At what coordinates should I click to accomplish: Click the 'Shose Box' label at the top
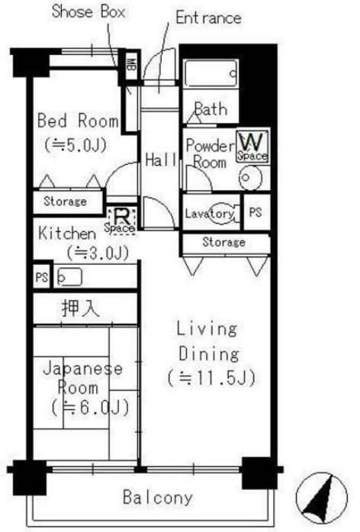pyautogui.click(x=88, y=12)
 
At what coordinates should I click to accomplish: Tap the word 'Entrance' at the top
pyautogui.click(x=207, y=17)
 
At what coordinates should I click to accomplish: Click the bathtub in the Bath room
pyautogui.click(x=210, y=74)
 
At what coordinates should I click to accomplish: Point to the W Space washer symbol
pyautogui.click(x=252, y=146)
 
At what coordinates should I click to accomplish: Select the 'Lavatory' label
pyautogui.click(x=209, y=214)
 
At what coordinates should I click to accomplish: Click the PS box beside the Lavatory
pyautogui.click(x=255, y=213)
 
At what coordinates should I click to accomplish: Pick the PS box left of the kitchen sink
pyautogui.click(x=40, y=279)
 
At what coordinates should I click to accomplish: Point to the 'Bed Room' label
pyautogui.click(x=77, y=121)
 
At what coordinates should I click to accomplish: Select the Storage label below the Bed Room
pyautogui.click(x=64, y=202)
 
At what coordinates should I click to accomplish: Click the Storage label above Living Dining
pyautogui.click(x=223, y=243)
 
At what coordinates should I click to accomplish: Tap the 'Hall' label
pyautogui.click(x=161, y=160)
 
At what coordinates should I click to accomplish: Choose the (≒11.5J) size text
pyautogui.click(x=210, y=377)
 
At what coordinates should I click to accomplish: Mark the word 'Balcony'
pyautogui.click(x=158, y=498)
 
